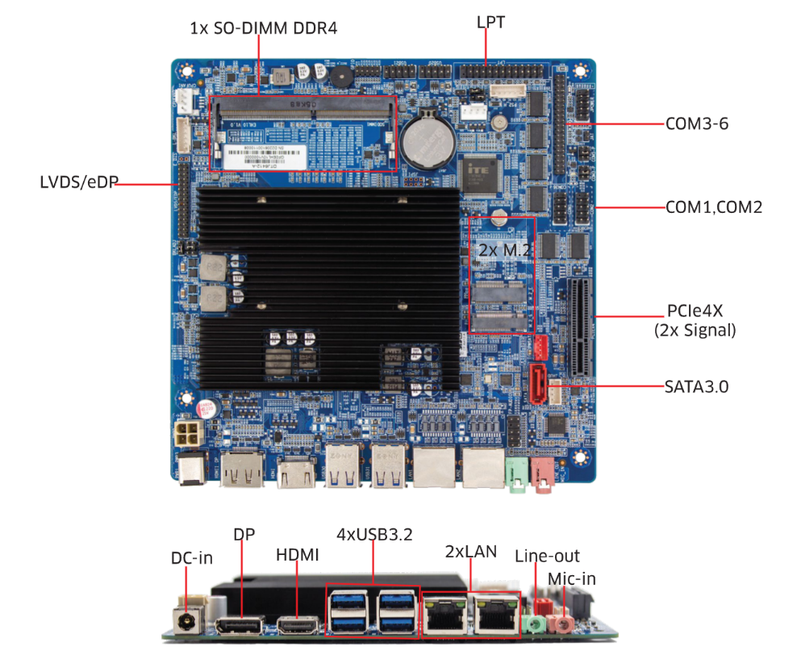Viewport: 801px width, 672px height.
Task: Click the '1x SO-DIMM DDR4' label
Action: pyautogui.click(x=263, y=28)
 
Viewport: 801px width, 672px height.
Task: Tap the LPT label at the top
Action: pyautogui.click(x=490, y=23)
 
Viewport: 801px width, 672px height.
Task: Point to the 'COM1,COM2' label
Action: pyautogui.click(x=713, y=207)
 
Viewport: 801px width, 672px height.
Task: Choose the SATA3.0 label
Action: pyautogui.click(x=697, y=386)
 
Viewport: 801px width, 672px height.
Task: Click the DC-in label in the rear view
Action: pyautogui.click(x=192, y=558)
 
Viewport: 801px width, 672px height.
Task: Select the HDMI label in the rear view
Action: pyautogui.click(x=298, y=555)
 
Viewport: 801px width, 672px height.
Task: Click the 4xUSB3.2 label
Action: pyautogui.click(x=374, y=535)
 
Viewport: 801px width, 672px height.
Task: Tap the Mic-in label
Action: pyautogui.click(x=571, y=578)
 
